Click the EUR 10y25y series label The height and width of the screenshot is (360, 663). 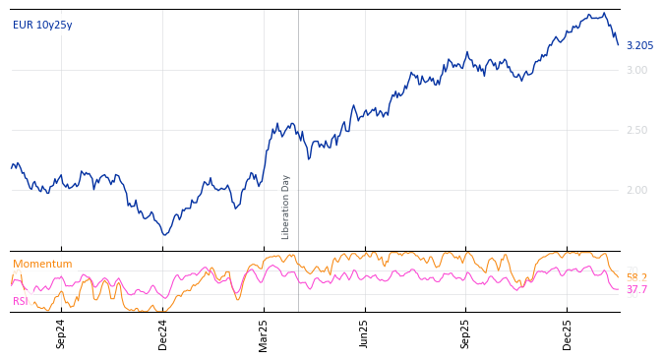[42, 26]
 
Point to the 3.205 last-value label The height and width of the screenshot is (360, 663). [639, 46]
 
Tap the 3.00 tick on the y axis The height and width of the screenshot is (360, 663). [636, 70]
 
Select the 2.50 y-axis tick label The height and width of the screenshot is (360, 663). [636, 130]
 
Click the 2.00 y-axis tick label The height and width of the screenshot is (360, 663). [636, 190]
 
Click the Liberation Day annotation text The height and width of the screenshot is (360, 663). [286, 207]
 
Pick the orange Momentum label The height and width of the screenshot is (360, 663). [42, 265]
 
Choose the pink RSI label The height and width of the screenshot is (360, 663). [21, 301]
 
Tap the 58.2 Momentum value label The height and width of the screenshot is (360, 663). [636, 278]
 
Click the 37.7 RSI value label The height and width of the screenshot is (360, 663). [636, 290]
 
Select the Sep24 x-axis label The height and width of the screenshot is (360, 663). [61, 333]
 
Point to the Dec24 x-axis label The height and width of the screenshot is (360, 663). [163, 333]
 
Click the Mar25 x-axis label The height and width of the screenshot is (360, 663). [264, 333]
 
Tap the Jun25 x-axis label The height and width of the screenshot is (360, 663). [364, 333]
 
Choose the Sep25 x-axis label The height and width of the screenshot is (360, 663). [465, 333]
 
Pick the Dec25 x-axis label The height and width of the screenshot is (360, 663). [568, 333]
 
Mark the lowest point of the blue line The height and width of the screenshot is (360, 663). [164, 234]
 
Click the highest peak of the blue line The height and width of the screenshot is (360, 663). [604, 13]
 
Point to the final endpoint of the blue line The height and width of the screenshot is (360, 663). [619, 45]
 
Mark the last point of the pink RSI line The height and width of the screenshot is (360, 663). [619, 289]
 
